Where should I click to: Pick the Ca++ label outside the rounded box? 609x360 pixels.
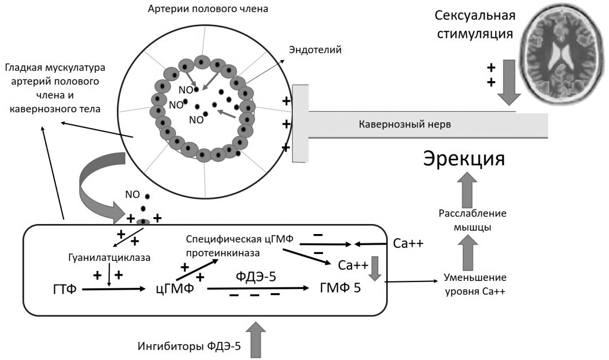click(x=407, y=244)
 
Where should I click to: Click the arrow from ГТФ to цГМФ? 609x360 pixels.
click(x=113, y=289)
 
